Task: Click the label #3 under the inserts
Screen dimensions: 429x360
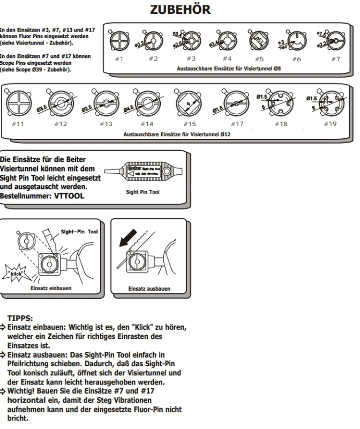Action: [x=189, y=58]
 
